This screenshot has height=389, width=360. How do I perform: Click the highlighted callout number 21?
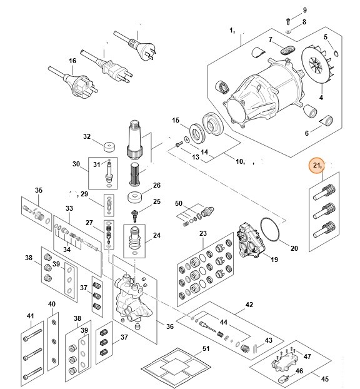click(317, 166)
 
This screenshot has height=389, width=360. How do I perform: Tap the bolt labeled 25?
click(134, 215)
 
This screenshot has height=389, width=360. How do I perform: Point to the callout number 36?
click(170, 326)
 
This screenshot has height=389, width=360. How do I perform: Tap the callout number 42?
click(249, 305)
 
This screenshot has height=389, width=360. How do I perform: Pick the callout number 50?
click(178, 204)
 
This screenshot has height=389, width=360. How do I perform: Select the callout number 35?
click(38, 190)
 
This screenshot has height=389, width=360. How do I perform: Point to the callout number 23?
click(202, 233)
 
